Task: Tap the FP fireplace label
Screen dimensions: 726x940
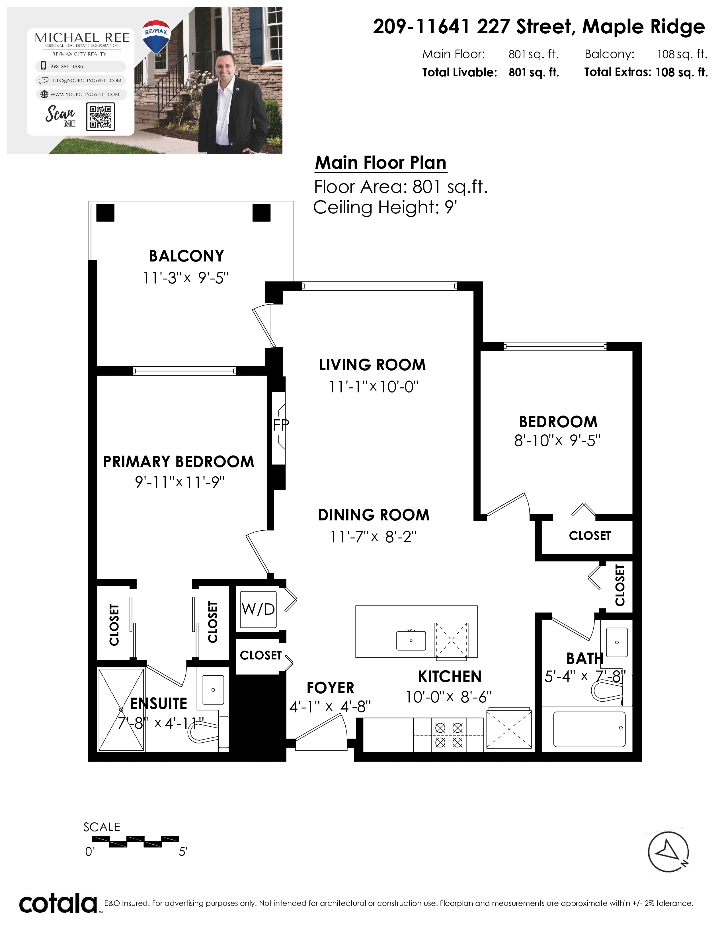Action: [281, 425]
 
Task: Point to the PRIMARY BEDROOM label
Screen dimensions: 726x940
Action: [179, 462]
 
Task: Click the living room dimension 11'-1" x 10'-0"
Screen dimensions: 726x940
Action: [373, 387]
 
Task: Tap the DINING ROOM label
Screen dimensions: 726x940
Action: [374, 515]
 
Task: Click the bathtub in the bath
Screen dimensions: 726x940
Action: [589, 729]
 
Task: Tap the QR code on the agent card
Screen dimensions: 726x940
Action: [101, 116]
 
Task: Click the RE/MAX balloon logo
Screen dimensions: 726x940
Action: [156, 37]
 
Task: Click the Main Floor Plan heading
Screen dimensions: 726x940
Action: [381, 163]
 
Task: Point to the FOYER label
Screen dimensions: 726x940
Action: [330, 688]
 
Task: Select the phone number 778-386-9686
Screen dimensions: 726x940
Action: [67, 66]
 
